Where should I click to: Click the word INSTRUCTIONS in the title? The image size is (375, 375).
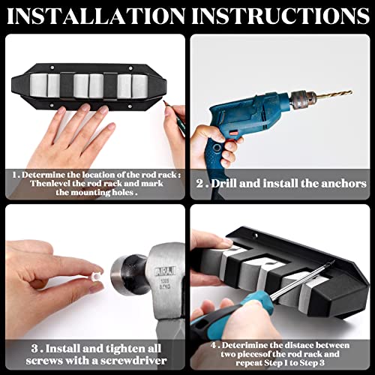(x=282, y=16)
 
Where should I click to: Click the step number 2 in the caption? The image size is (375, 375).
(x=199, y=183)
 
